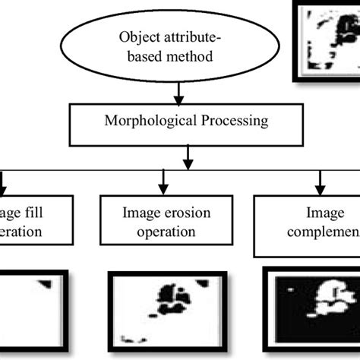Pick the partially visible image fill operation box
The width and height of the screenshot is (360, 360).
pyautogui.click(x=38, y=222)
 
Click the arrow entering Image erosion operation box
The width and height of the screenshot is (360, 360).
pyautogui.click(x=162, y=182)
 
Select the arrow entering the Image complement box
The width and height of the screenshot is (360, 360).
pyautogui.click(x=320, y=182)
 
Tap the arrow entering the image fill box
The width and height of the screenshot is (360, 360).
pyautogui.click(x=5, y=182)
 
